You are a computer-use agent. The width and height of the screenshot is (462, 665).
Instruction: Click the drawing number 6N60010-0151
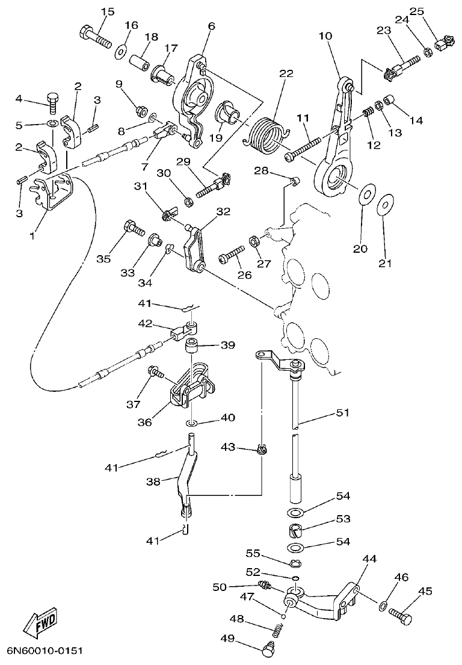[x=45, y=651]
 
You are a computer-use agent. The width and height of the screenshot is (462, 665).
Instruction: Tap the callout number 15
[x=106, y=11]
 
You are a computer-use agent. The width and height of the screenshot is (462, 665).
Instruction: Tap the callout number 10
[x=325, y=36]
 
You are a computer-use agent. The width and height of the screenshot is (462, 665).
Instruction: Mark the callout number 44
[x=369, y=559]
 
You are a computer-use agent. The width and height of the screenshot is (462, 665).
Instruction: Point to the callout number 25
[x=417, y=11]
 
